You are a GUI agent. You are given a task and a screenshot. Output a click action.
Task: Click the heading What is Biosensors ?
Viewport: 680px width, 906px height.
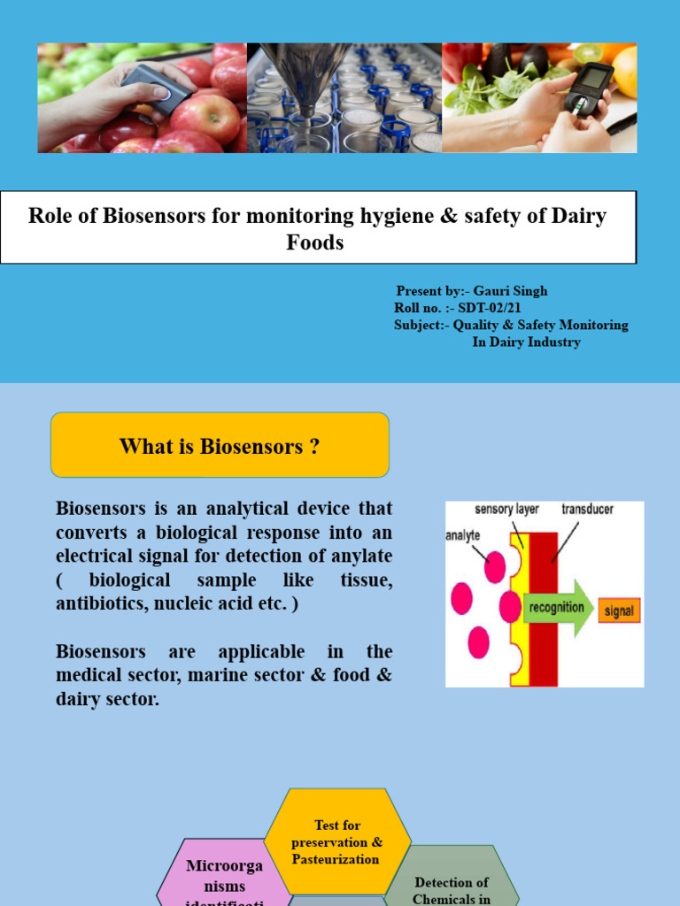(220, 446)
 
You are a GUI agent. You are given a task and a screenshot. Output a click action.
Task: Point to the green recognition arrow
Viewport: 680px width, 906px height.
(557, 607)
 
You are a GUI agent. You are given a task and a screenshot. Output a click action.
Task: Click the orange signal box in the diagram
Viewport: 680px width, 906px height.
(619, 610)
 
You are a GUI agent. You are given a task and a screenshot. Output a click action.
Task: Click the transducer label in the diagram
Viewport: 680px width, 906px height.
(588, 510)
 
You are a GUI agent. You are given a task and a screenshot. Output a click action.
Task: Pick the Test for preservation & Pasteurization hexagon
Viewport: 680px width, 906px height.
(337, 841)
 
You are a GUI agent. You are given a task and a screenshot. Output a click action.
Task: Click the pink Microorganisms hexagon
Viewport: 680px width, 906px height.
(224, 876)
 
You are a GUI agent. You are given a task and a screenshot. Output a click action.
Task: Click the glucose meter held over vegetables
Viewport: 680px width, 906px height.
(587, 89)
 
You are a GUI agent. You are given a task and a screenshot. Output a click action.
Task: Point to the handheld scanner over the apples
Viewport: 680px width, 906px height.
(155, 89)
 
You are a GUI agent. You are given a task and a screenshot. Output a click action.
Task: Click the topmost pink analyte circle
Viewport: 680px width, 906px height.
(493, 567)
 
